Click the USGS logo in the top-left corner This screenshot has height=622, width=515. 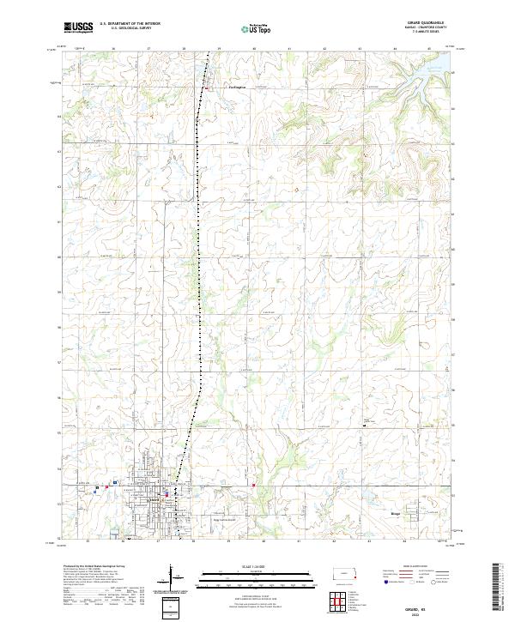pyautogui.click(x=77, y=27)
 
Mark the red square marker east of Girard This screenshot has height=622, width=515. pyautogui.click(x=254, y=486)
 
